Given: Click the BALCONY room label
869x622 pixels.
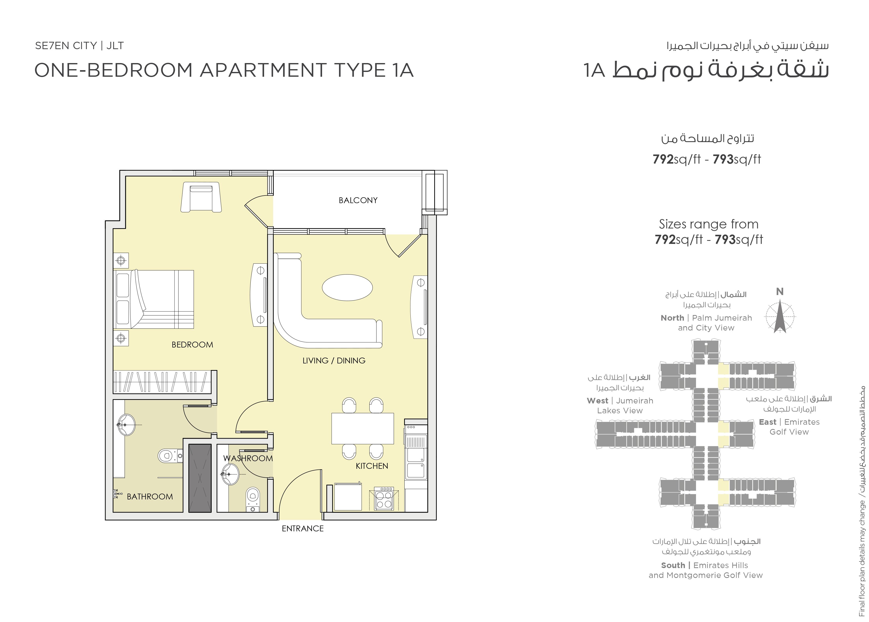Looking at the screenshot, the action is click(358, 200).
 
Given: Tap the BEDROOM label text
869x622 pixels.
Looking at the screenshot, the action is click(192, 345).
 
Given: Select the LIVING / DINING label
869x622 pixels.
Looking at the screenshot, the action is click(334, 360).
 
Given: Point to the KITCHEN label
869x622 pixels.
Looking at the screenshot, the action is click(372, 466).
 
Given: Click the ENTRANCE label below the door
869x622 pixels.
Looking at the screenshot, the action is click(302, 529).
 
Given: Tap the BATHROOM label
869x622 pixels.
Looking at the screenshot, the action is click(150, 496).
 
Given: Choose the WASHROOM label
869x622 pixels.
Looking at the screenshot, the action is click(248, 458).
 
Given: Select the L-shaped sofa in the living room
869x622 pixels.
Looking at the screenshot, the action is click(291, 329).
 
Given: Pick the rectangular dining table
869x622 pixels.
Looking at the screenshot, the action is click(363, 428).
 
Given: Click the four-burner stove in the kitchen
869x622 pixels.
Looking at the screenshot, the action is click(384, 499).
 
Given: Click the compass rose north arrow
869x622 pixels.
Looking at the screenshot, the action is click(780, 316).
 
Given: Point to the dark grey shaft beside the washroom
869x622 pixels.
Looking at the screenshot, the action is click(200, 478).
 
